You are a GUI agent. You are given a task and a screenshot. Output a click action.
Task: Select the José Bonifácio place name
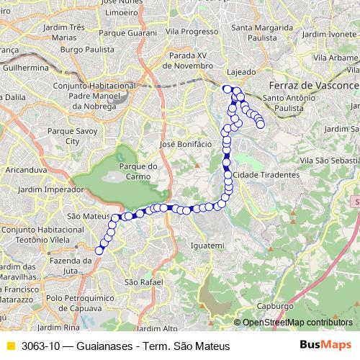[186, 144]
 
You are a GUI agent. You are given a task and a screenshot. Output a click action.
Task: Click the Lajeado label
[240, 72]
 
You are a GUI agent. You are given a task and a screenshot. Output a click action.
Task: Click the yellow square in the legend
[10, 346]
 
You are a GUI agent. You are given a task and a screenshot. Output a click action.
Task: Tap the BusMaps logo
[326, 346]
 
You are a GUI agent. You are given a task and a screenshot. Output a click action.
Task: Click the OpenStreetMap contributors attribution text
[297, 322]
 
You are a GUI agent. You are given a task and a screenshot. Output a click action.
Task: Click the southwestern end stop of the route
[99, 251]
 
